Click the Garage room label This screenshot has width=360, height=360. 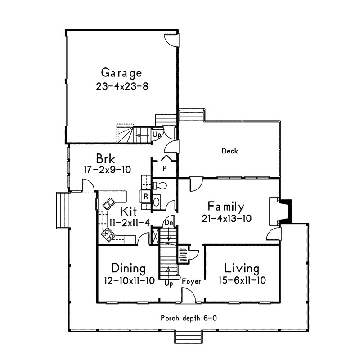tap(121, 73)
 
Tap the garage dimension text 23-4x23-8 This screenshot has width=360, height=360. tap(122, 86)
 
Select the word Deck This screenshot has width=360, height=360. tap(230, 151)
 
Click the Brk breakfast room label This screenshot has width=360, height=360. tap(106, 158)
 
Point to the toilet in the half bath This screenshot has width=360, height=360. tap(160, 185)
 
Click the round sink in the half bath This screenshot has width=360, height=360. tap(156, 202)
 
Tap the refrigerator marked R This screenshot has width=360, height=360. tap(145, 196)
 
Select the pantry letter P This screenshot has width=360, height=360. tap(165, 169)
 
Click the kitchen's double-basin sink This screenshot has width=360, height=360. tap(108, 204)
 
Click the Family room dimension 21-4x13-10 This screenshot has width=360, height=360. tap(227, 218)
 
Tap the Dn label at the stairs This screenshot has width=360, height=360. tap(169, 223)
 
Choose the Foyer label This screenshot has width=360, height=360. tap(191, 282)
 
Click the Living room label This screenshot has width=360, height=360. tap(242, 268)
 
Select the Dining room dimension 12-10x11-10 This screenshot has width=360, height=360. tap(130, 280)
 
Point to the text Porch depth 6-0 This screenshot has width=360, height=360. tap(189, 318)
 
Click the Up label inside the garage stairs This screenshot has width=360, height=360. tap(157, 135)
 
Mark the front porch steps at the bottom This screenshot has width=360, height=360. tap(189, 337)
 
